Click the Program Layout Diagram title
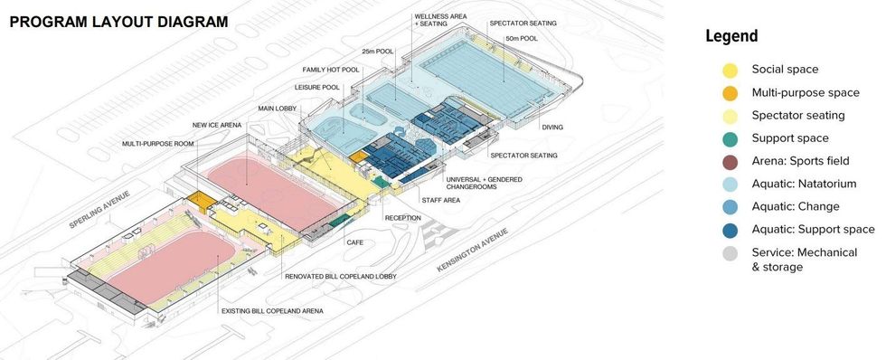click(x=118, y=20)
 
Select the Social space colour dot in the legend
click(x=730, y=70)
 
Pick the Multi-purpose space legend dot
click(x=730, y=92)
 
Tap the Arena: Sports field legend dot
click(x=730, y=161)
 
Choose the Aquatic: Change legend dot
click(x=730, y=207)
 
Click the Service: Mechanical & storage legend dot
click(x=730, y=253)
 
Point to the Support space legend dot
click(x=730, y=138)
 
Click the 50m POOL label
click(x=522, y=39)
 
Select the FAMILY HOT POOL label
click(x=332, y=70)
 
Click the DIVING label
click(x=552, y=128)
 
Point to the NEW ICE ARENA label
click(x=215, y=125)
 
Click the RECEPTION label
click(x=402, y=218)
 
